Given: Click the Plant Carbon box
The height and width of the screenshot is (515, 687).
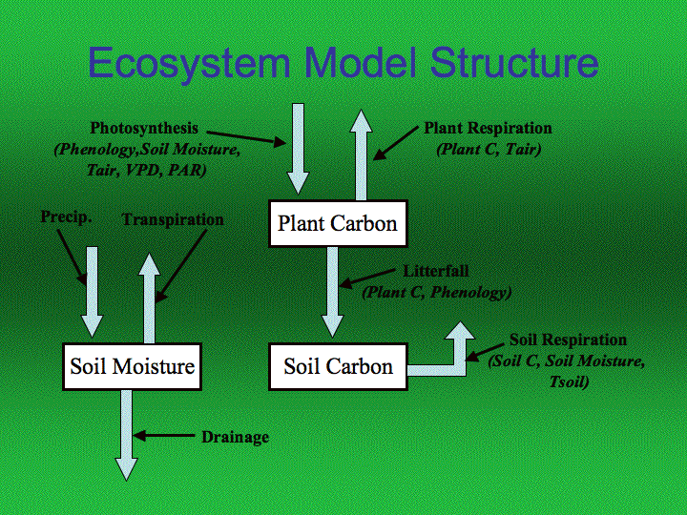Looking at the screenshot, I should (x=337, y=224).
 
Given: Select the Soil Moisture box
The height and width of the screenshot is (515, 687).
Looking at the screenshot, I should (x=132, y=366).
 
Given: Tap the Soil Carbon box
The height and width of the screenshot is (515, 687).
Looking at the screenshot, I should (x=338, y=366).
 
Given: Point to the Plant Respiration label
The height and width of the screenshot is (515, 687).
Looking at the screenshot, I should (x=488, y=129).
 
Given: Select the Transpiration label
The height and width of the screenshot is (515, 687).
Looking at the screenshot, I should (x=173, y=219).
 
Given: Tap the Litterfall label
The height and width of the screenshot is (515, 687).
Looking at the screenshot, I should (x=436, y=272).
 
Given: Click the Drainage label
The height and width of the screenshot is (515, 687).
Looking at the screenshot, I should (x=235, y=438).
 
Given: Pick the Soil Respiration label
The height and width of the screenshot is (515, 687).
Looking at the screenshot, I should (x=568, y=340).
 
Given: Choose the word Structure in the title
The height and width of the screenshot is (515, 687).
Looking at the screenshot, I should (x=513, y=63).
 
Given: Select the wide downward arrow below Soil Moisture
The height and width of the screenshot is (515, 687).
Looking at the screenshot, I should (x=127, y=434).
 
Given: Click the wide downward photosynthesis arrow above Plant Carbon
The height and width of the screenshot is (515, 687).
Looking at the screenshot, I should (x=299, y=148).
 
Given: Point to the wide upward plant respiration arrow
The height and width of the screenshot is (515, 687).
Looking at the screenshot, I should (x=362, y=153).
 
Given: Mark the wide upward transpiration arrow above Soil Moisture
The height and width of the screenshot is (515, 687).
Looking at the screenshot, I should (x=149, y=296).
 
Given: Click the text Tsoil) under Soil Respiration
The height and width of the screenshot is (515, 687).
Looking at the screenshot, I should (x=566, y=382).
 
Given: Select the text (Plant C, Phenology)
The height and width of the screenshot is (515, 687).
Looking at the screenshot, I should (x=436, y=292).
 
